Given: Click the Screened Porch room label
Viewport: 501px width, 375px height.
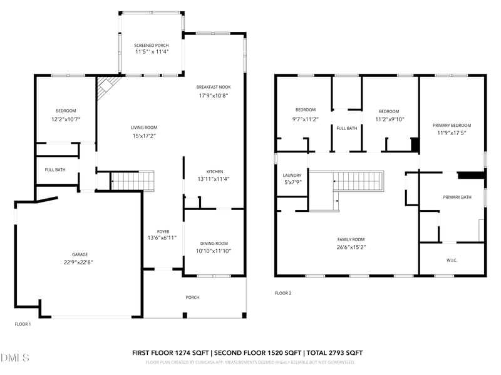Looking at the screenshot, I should click(x=151, y=46).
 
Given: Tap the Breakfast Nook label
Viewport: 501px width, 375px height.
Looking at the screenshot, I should click(x=214, y=87).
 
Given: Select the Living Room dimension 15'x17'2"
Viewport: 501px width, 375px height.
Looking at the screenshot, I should click(x=143, y=135).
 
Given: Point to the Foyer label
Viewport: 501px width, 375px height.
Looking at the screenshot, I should click(x=163, y=231).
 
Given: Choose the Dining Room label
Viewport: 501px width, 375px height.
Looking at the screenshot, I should click(x=214, y=243).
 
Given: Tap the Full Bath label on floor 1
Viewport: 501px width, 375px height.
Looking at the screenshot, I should click(x=55, y=169).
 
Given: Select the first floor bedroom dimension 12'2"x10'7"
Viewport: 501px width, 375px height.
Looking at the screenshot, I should click(x=65, y=118).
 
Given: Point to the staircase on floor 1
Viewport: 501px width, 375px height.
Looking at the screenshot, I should click(x=133, y=181).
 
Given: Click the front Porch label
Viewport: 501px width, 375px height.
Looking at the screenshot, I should click(x=192, y=297).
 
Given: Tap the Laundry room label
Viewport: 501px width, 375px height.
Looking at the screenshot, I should click(x=292, y=175).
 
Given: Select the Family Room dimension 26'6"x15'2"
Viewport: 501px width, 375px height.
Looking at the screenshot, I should click(x=351, y=247).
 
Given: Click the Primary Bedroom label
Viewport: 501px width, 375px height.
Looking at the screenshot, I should click(x=452, y=125).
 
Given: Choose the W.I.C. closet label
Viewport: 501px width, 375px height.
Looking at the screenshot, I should click(x=452, y=260).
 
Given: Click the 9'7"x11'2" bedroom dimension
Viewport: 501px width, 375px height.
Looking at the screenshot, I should click(x=306, y=119).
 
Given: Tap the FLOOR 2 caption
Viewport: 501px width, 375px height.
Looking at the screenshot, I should click(x=283, y=292).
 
